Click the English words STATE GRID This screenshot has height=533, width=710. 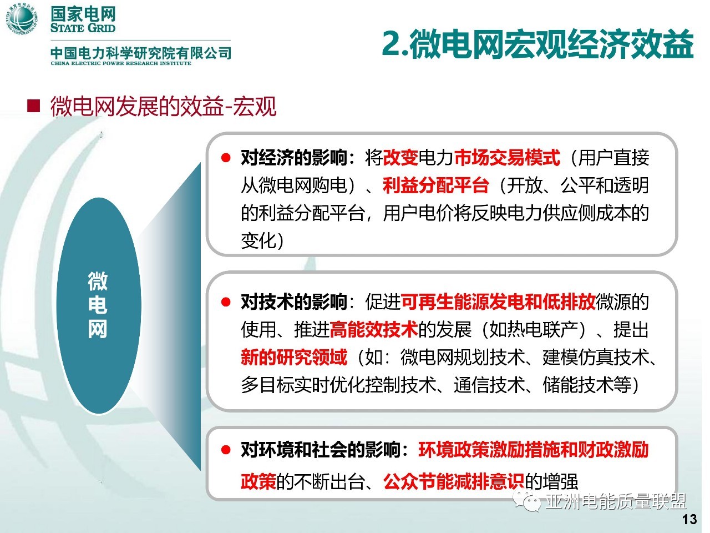pos(83,28)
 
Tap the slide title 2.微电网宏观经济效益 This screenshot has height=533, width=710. pos(537,44)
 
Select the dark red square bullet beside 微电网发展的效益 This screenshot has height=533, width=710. pos(33,106)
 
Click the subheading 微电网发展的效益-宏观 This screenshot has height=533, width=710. pos(163,106)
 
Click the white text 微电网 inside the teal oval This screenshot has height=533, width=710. pos(98,305)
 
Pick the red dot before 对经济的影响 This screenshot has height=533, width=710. pos(225,158)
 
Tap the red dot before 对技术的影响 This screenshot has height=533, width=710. pos(225,302)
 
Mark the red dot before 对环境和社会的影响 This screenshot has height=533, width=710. pos(225,450)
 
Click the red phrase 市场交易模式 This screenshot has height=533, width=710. pos(507,158)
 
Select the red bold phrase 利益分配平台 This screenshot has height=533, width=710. pos(435,185)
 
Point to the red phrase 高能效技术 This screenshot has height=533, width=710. pos(374,330)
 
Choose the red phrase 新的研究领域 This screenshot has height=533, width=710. pos(294,357)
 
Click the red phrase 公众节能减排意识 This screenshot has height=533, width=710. pos(454,481)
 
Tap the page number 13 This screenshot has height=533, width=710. pos(689,519)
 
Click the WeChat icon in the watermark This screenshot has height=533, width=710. pos(527,501)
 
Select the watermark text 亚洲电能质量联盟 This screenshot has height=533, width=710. pos(616,501)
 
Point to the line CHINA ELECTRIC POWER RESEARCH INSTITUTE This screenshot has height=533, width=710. pos(121,63)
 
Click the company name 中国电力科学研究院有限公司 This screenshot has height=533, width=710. pos(141,53)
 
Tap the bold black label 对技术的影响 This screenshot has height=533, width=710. pos(293,302)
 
